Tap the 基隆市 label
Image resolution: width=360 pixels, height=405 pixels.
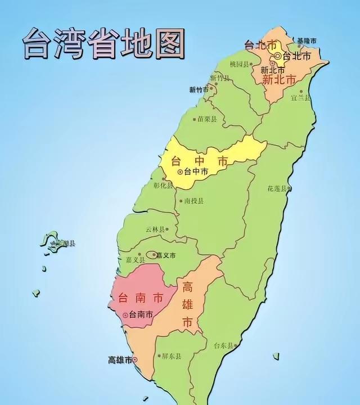click(307, 40)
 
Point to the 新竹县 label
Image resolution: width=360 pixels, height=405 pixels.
click(220, 78)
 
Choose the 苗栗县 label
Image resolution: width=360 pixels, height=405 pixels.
click(208, 119)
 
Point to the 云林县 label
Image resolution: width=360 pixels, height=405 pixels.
click(155, 229)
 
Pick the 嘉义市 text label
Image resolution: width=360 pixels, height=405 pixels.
click(165, 255)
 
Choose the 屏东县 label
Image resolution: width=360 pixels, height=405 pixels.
click(170, 355)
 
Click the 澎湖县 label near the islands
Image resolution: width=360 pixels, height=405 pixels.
click(65, 244)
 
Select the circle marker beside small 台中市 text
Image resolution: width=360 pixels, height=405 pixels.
click(181, 172)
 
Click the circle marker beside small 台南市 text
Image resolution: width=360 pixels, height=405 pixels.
click(125, 316)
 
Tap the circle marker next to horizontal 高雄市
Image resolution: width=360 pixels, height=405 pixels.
click(135, 359)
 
